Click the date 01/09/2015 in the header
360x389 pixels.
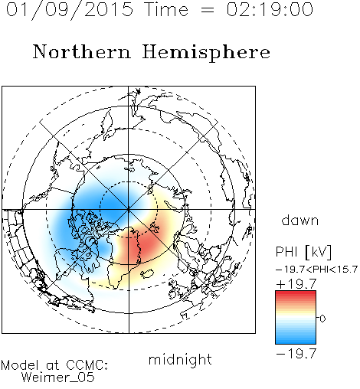click(x=70, y=9)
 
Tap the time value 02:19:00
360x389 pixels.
click(x=270, y=9)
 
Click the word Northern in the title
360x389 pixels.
click(x=82, y=52)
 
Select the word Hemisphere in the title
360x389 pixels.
click(x=206, y=53)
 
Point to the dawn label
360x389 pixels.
click(x=300, y=220)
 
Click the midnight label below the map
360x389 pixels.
click(x=180, y=360)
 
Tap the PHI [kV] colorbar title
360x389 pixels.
click(x=303, y=252)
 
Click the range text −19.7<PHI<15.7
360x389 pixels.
click(x=316, y=270)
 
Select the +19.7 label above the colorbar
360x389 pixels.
click(x=296, y=283)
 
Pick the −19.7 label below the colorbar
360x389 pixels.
click(x=296, y=354)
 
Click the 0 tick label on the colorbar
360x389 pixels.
click(x=322, y=319)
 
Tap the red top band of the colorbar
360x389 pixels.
click(x=296, y=294)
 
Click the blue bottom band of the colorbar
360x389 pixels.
click(x=296, y=340)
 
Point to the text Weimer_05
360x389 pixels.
click(x=58, y=378)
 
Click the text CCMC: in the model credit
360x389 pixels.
click(x=87, y=365)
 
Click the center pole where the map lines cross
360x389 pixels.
click(x=129, y=210)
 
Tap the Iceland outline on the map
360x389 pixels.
click(x=147, y=273)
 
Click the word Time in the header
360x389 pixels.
click(x=166, y=9)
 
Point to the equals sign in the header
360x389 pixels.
click(x=208, y=10)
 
